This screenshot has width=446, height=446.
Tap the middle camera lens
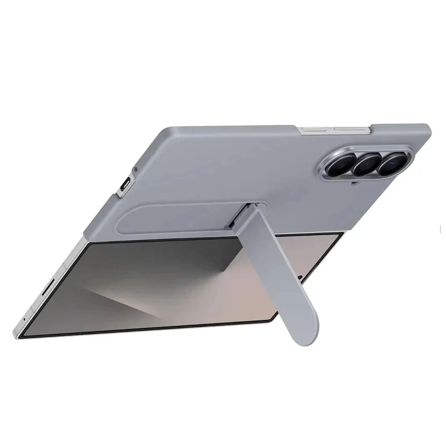[367, 164]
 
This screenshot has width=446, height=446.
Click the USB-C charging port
[125, 185]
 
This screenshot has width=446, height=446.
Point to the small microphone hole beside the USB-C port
[135, 170]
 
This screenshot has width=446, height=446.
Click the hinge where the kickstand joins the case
[249, 208]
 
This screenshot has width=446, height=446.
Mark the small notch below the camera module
[354, 182]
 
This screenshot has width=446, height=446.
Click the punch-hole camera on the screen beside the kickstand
[300, 276]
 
